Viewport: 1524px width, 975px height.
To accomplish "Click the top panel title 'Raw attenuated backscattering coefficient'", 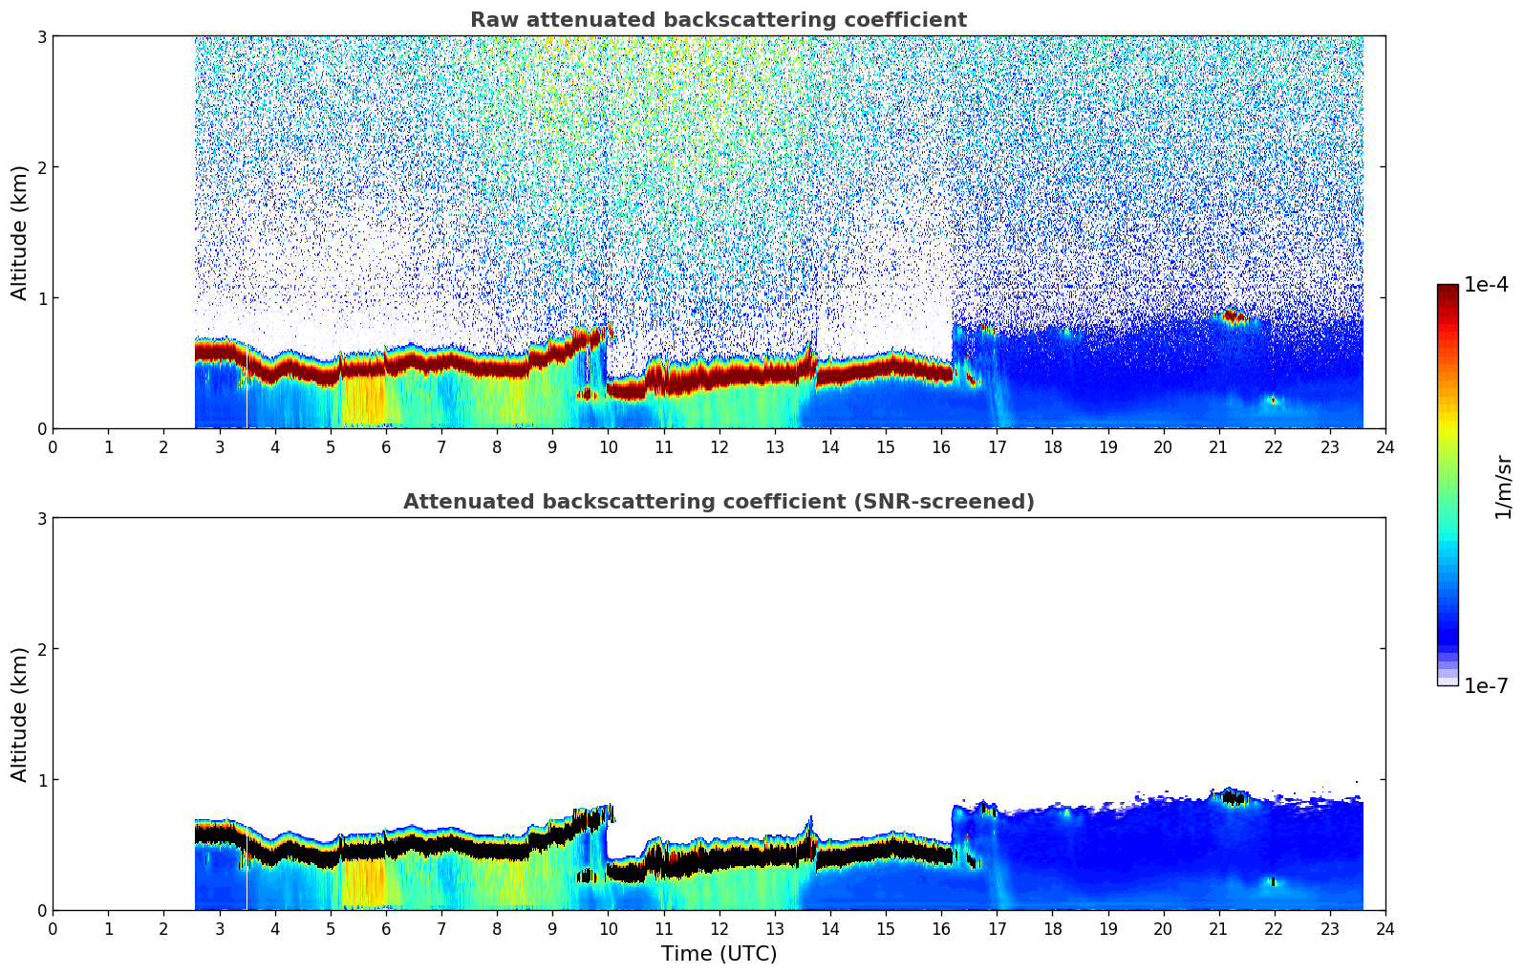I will point(718,20).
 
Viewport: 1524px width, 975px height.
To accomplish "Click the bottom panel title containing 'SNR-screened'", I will point(718,502).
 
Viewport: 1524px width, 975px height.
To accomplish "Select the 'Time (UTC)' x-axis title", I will point(719,953).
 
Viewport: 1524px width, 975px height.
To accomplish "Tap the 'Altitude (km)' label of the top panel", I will point(20,232).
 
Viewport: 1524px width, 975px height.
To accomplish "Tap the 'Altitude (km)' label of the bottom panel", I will point(20,714).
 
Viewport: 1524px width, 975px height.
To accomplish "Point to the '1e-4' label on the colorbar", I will point(1486,285).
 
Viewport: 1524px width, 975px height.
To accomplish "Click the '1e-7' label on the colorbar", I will point(1486,686).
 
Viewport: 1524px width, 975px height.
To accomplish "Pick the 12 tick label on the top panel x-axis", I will point(719,446).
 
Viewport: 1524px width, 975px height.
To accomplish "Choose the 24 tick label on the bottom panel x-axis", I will point(1384,928).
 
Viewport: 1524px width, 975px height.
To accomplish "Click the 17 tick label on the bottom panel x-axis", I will point(997,928).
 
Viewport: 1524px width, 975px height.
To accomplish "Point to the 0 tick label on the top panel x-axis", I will point(53,446).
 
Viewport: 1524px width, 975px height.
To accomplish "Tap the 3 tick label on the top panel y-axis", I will point(41,36).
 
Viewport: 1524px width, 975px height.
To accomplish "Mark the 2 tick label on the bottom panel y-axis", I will point(41,649).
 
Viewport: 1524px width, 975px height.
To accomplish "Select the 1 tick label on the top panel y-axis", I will point(41,298).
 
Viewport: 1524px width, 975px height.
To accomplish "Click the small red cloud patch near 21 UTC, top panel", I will point(1233,315).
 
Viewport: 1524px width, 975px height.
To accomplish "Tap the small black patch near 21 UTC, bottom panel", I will point(1234,797).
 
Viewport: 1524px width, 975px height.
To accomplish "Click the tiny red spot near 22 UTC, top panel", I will point(1272,401).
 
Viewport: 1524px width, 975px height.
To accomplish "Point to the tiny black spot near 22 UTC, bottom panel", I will point(1272,881).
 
